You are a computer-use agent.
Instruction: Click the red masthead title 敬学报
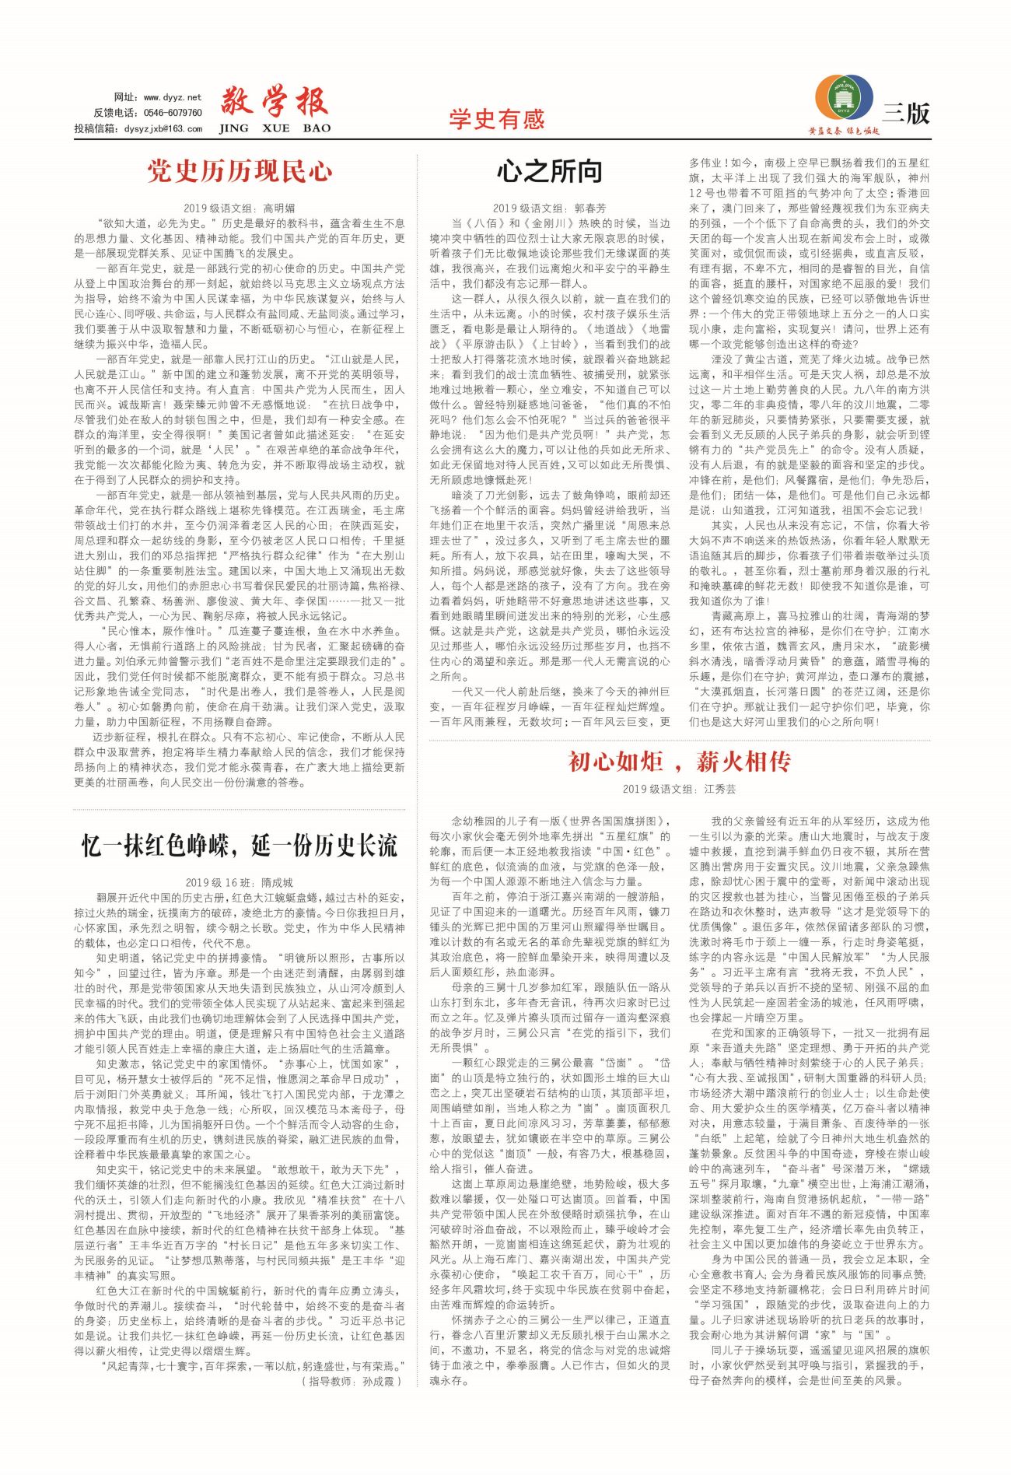[x=274, y=102]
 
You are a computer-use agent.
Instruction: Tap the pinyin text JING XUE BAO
[x=275, y=128]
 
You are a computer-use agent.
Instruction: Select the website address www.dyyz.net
[x=172, y=97]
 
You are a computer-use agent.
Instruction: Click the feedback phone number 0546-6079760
[x=173, y=113]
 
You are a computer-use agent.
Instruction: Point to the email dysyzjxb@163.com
[x=163, y=129]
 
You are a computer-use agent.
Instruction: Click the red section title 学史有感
[x=496, y=119]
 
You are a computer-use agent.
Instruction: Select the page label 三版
[x=907, y=114]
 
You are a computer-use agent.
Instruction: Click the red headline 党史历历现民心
[x=240, y=171]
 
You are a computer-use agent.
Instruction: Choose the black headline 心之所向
[x=550, y=171]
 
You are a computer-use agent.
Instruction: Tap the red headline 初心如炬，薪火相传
[x=679, y=762]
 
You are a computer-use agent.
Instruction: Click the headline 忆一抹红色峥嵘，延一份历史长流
[x=240, y=846]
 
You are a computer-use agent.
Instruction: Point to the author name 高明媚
[x=279, y=208]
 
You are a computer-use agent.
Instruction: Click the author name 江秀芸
[x=719, y=789]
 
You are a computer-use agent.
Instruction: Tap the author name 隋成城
[x=277, y=882]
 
